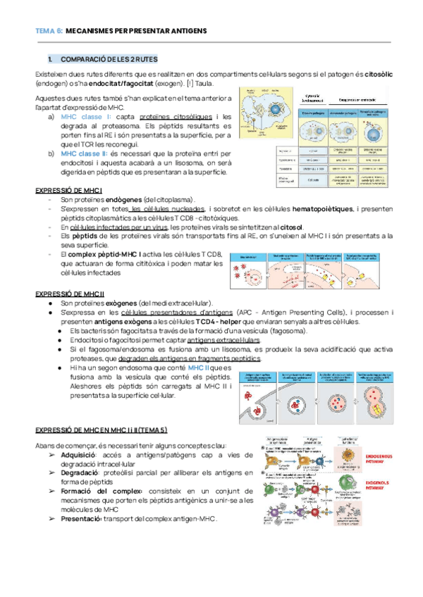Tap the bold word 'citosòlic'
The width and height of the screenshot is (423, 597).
click(374, 74)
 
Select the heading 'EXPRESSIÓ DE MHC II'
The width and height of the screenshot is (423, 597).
click(70, 293)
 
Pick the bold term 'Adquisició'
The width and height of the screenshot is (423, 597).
click(81, 455)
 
